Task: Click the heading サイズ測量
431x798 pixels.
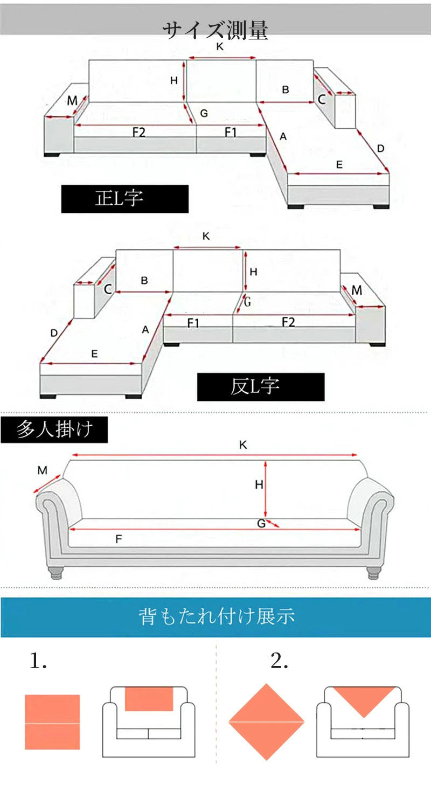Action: click(215, 30)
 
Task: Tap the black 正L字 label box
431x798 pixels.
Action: click(124, 199)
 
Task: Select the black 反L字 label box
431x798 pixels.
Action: click(261, 387)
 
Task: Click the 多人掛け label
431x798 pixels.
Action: click(54, 429)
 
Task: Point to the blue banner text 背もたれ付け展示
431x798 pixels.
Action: click(217, 616)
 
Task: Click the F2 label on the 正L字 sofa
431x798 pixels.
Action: click(139, 133)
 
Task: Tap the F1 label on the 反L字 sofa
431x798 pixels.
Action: click(193, 323)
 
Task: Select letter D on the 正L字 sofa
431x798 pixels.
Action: click(380, 149)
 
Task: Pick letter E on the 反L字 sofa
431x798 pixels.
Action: click(94, 354)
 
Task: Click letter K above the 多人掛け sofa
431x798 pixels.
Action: click(243, 445)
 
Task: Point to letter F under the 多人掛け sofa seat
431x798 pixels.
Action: click(119, 539)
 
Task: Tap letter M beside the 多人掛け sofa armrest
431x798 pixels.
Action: click(43, 470)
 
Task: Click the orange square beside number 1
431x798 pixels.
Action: click(52, 722)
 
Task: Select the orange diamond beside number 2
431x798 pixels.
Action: click(267, 722)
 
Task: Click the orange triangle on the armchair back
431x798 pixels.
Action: click(364, 699)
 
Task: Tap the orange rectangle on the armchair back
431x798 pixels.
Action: click(149, 699)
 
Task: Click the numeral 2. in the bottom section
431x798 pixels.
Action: click(280, 661)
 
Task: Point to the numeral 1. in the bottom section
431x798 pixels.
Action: click(38, 661)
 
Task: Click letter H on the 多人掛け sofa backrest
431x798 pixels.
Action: click(259, 484)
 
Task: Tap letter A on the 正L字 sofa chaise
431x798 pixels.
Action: click(283, 136)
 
